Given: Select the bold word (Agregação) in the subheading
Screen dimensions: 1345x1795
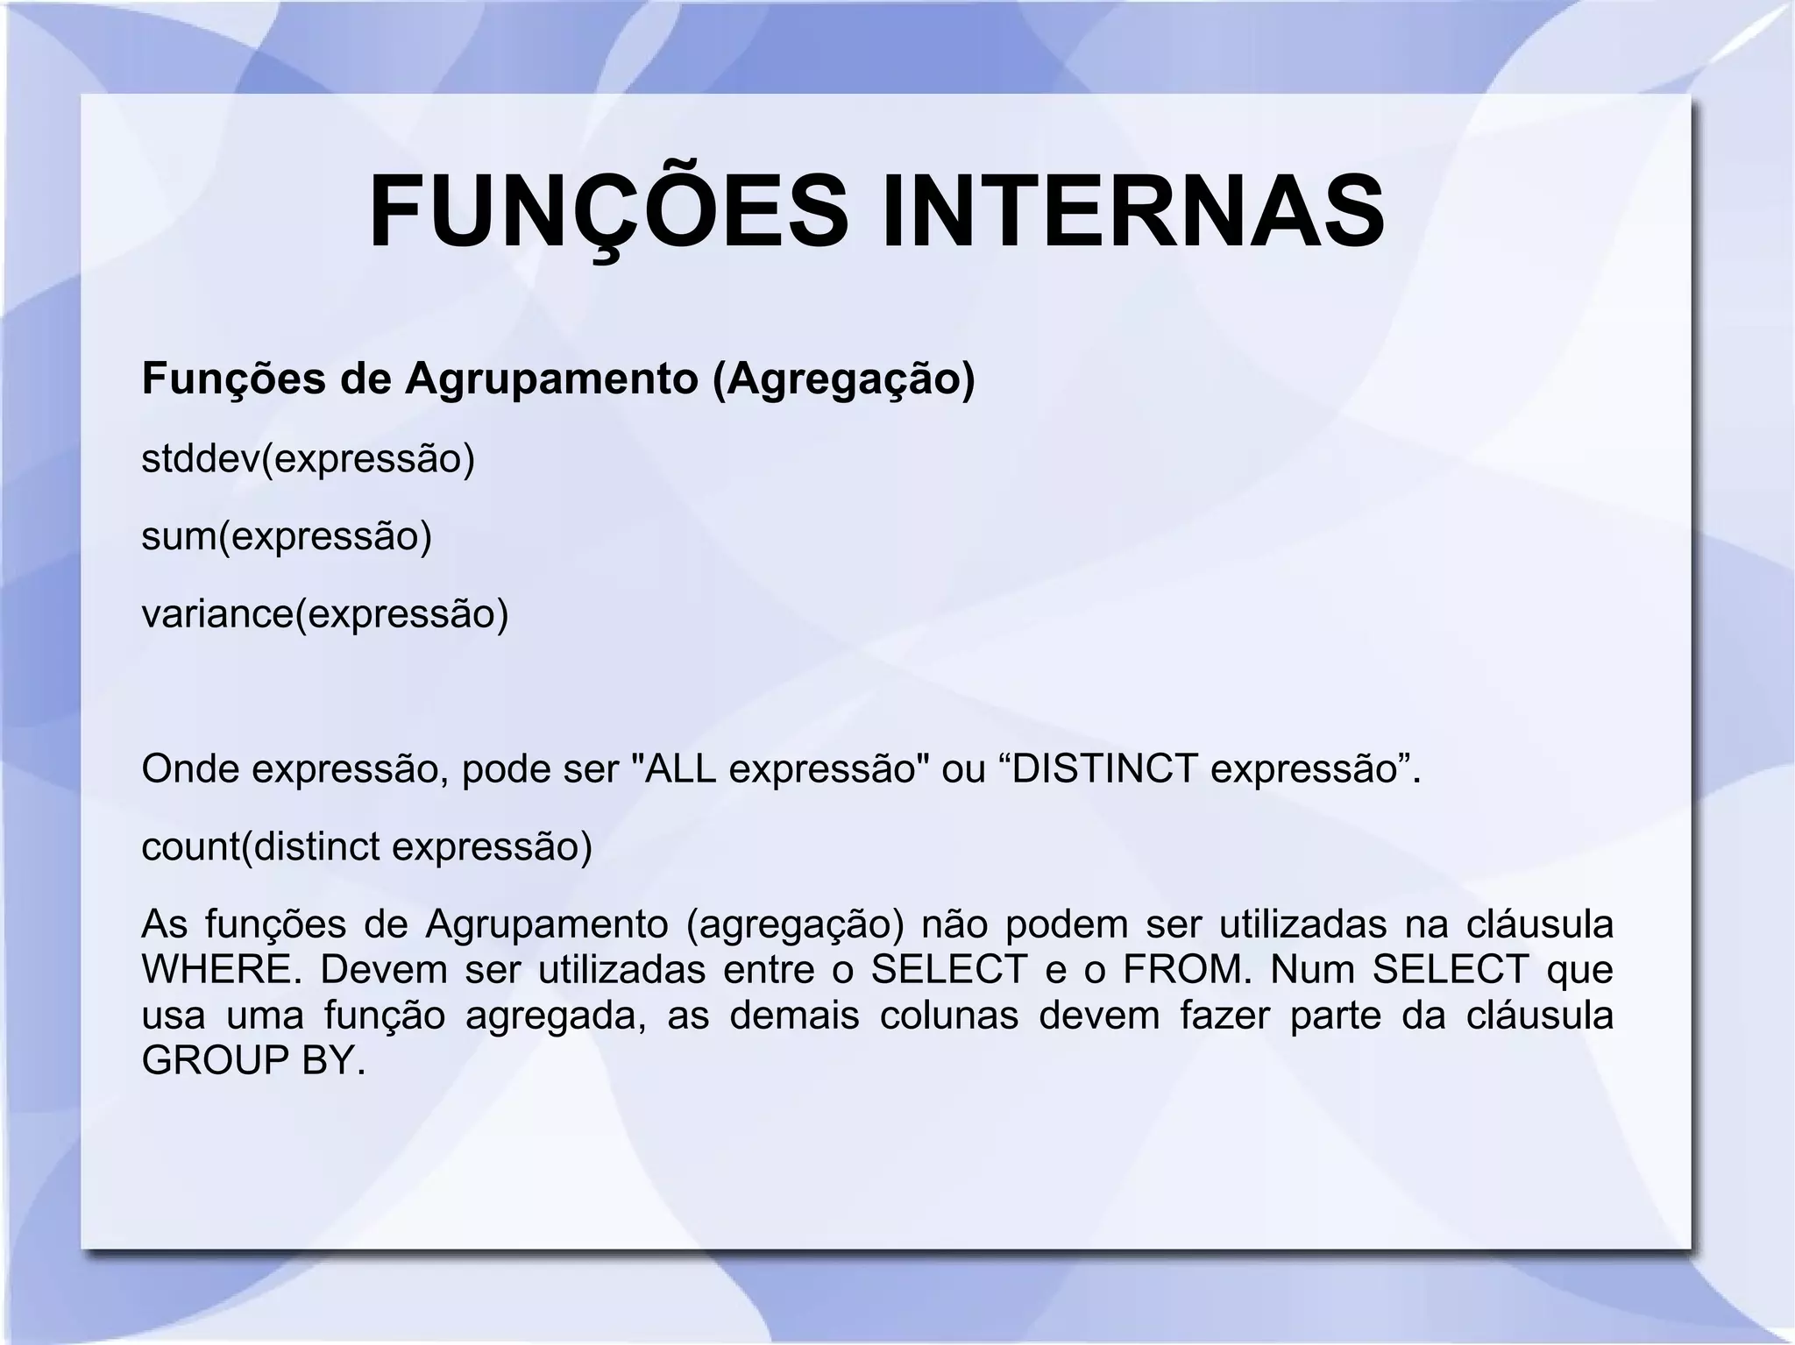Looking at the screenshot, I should pos(844,379).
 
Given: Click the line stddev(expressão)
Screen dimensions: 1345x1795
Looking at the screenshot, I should pos(308,459).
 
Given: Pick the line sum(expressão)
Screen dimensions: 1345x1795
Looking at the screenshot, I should pos(287,536).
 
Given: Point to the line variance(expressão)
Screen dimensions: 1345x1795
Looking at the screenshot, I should pos(325,613).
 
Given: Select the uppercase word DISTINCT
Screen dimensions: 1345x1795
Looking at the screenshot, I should pos(1104,768).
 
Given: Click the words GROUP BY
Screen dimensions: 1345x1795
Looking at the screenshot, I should pos(252,1061).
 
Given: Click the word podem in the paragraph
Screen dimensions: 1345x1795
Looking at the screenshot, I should pos(1064,924).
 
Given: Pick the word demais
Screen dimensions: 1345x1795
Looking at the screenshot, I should pos(794,1016).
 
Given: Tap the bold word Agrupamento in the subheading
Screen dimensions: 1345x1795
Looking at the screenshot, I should pos(550,379).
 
